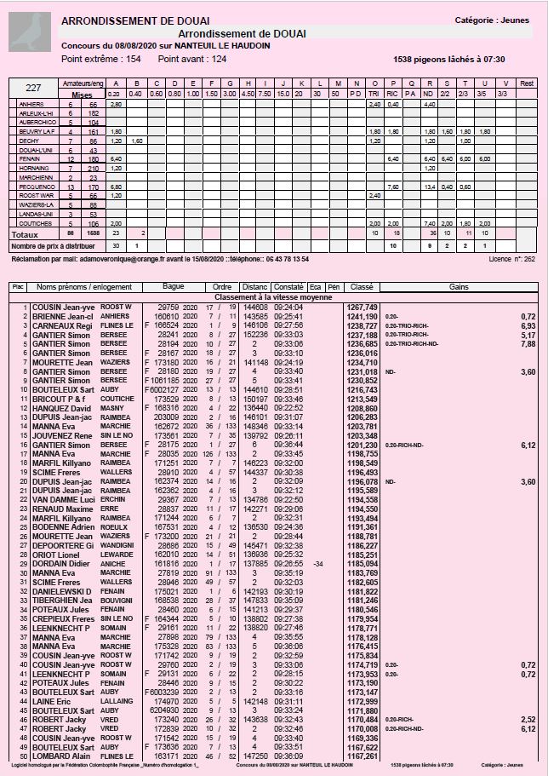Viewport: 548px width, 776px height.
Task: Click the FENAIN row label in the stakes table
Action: click(31, 159)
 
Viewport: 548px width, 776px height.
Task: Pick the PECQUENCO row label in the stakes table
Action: click(33, 187)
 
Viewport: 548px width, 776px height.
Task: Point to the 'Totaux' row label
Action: click(25, 233)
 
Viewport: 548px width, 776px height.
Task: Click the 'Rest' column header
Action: click(527, 83)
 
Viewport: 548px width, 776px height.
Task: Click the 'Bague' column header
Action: click(174, 287)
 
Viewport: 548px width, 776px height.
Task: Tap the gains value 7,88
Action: click(528, 345)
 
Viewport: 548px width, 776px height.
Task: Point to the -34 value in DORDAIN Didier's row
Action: click(317, 564)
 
